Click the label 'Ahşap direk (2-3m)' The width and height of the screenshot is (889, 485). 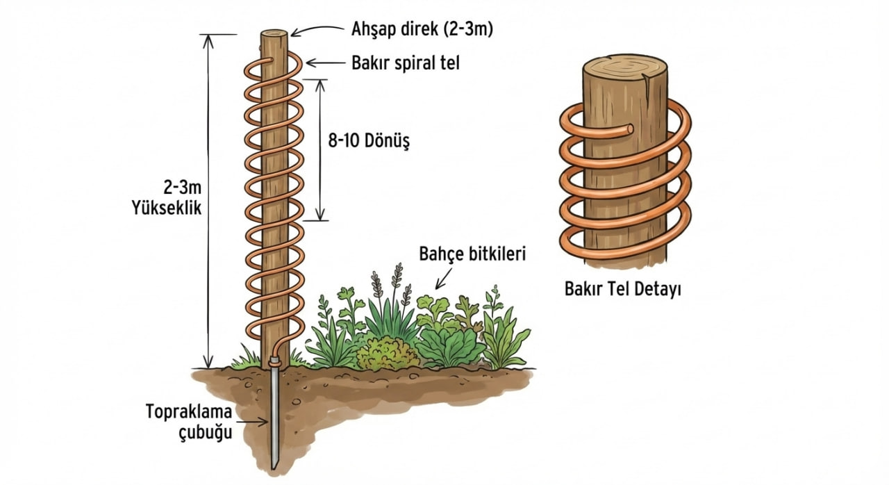pyautogui.click(x=422, y=29)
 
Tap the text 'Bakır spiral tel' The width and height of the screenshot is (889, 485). pyautogui.click(x=406, y=63)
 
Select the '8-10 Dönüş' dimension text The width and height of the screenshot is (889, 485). pyautogui.click(x=369, y=140)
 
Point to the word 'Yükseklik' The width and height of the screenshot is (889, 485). pyautogui.click(x=167, y=208)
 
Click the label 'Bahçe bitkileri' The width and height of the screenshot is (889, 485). pyautogui.click(x=472, y=254)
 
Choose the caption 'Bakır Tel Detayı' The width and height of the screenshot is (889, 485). pyautogui.click(x=623, y=289)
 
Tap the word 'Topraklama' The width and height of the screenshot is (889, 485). pyautogui.click(x=189, y=411)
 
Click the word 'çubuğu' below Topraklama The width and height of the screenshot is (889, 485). pyautogui.click(x=206, y=432)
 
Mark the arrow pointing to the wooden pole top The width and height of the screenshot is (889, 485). pyautogui.click(x=316, y=29)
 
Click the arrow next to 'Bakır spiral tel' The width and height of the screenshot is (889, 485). pyautogui.click(x=326, y=63)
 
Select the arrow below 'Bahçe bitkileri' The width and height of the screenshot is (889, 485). pyautogui.click(x=444, y=278)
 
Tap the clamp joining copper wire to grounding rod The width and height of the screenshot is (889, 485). pyautogui.click(x=274, y=361)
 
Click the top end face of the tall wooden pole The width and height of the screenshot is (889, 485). pyautogui.click(x=274, y=34)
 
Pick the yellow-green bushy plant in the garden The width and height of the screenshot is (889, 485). pyautogui.click(x=387, y=354)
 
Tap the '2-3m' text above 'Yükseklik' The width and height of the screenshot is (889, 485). pyautogui.click(x=183, y=187)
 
